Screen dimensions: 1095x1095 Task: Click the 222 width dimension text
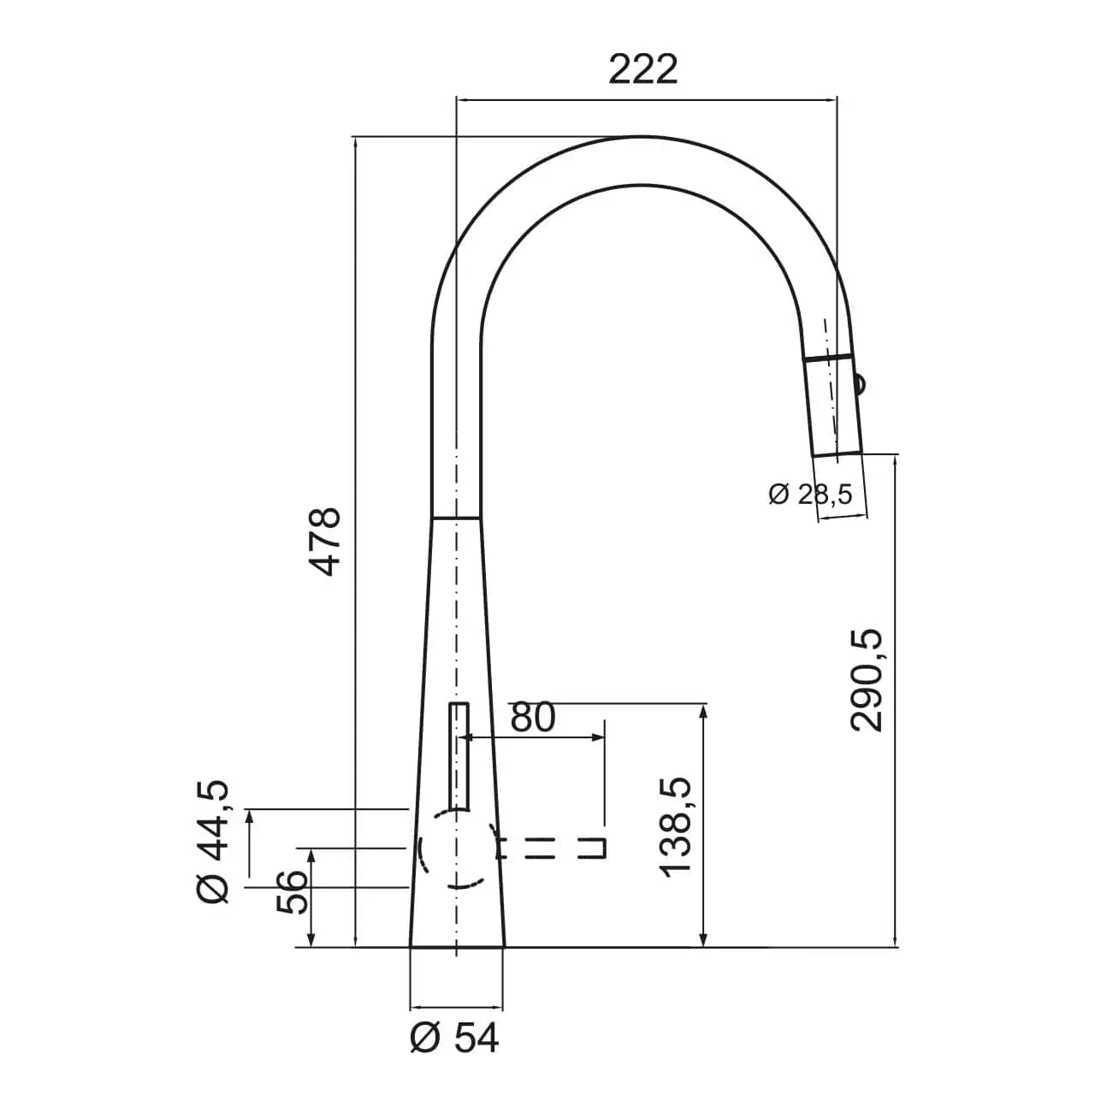642,69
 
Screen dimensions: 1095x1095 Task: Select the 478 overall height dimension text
325,542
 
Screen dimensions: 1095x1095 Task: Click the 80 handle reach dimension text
532,718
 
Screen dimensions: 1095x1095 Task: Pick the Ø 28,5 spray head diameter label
810,494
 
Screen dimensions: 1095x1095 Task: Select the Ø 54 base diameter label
454,1039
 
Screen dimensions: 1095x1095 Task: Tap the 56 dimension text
291,891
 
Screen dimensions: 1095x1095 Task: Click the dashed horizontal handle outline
553,848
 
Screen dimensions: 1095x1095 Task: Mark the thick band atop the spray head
827,358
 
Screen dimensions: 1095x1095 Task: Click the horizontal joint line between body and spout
454,518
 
